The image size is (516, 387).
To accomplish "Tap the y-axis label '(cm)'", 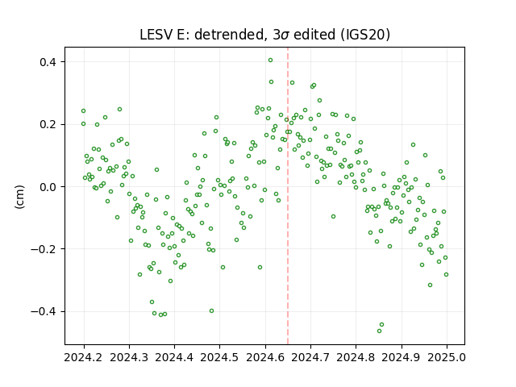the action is pyautogui.click(x=19, y=197).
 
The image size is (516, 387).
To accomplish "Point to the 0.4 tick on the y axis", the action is pyautogui.click(x=48, y=62).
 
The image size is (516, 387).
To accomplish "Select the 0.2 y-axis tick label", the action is pyautogui.click(x=48, y=124).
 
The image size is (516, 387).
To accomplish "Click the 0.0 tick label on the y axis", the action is pyautogui.click(x=48, y=186).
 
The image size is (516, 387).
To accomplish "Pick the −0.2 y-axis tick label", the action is pyautogui.click(x=44, y=249).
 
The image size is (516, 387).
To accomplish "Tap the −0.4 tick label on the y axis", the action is pyautogui.click(x=44, y=311).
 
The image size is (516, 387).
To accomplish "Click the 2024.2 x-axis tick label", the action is pyautogui.click(x=84, y=357).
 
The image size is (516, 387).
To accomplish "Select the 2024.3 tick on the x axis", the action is pyautogui.click(x=129, y=357).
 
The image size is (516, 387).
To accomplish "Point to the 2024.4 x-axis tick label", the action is pyautogui.click(x=174, y=357).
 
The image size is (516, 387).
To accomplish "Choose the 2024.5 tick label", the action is pyautogui.click(x=219, y=357).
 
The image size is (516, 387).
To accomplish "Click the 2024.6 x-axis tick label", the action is pyautogui.click(x=265, y=357).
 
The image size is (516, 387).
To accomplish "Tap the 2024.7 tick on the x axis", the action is pyautogui.click(x=310, y=357).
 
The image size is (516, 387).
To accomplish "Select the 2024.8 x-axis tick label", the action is pyautogui.click(x=356, y=357).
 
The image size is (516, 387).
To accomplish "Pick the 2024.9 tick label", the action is pyautogui.click(x=402, y=357).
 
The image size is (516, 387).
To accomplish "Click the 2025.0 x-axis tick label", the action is pyautogui.click(x=447, y=357).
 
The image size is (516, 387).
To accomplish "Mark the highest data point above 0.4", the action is pyautogui.click(x=271, y=60).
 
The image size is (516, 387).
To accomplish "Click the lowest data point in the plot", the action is pyautogui.click(x=380, y=331).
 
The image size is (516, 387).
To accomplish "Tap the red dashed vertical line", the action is pyautogui.click(x=288, y=196).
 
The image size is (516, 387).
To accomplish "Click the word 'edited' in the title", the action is pyautogui.click(x=314, y=35).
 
